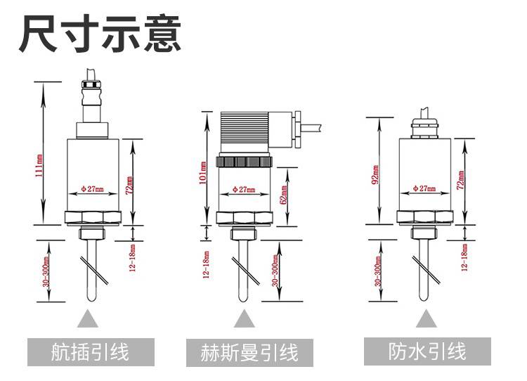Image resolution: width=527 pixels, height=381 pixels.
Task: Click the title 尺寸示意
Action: click(x=100, y=34)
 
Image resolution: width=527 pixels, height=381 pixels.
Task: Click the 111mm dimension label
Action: click(x=39, y=162)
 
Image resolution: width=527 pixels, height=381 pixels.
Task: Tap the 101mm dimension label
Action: click(x=203, y=171)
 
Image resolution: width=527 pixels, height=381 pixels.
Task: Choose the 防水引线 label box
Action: click(x=427, y=351)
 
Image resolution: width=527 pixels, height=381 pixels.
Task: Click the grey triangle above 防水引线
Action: click(x=426, y=319)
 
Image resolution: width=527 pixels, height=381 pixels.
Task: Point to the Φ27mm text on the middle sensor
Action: click(x=243, y=190)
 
